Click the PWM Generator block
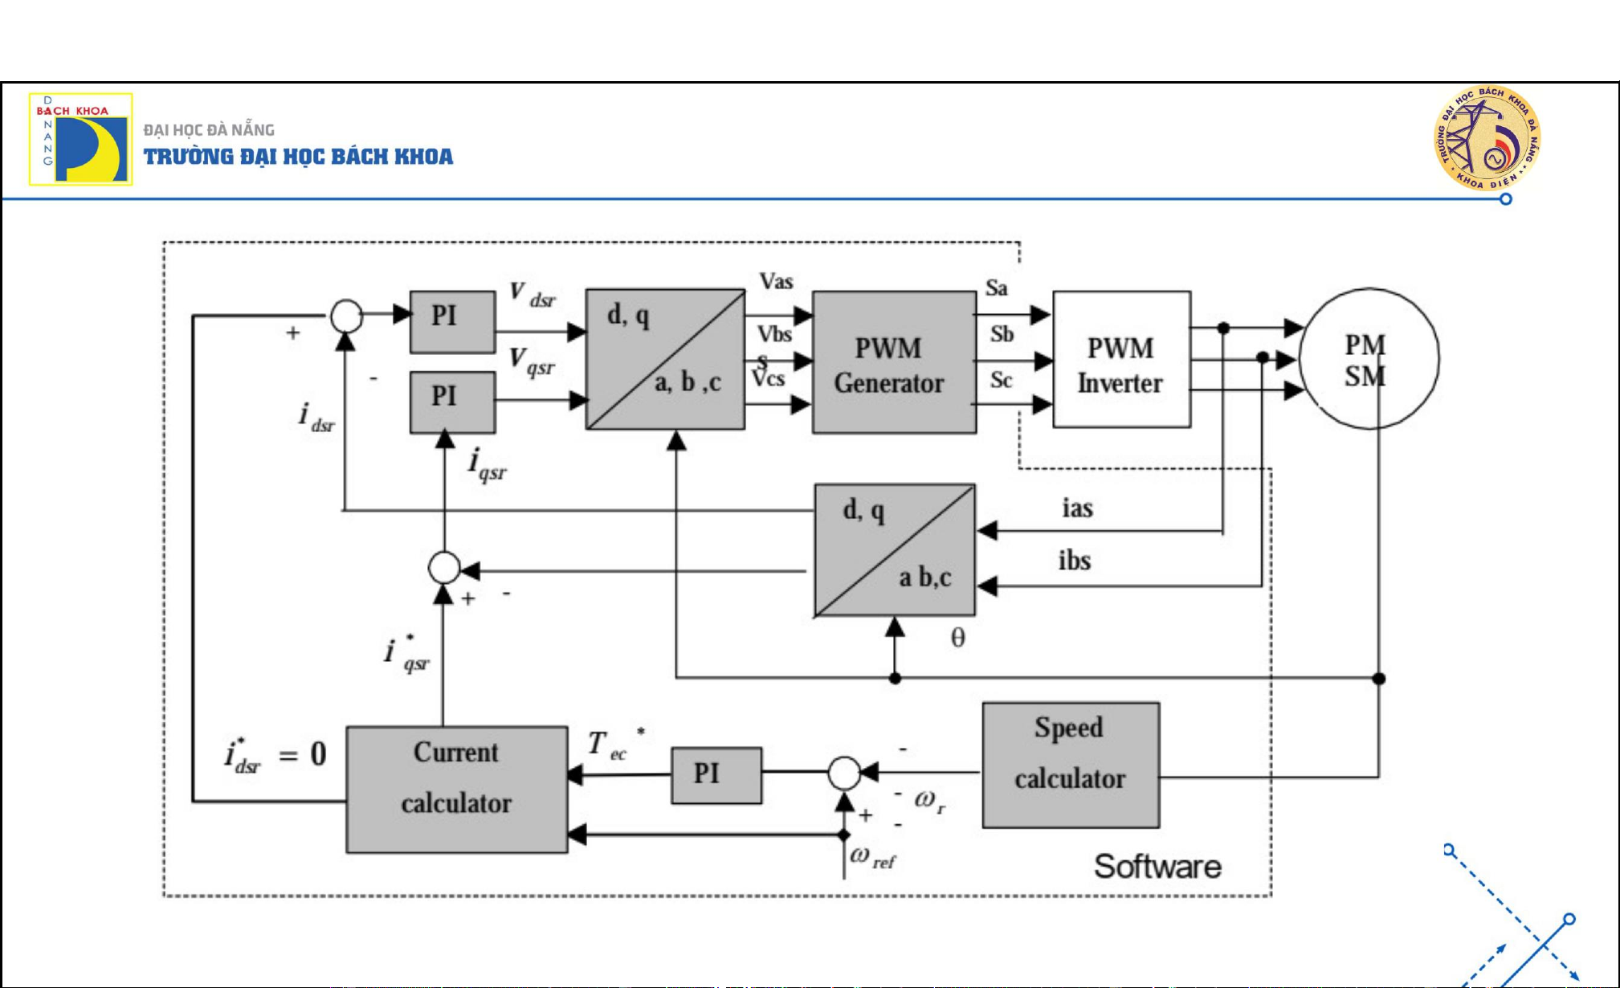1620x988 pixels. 894,362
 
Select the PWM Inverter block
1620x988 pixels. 1121,359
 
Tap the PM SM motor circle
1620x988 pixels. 1369,359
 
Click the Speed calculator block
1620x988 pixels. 1071,765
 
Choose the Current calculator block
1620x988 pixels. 456,789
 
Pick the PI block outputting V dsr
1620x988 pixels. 452,321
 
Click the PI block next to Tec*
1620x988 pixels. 716,774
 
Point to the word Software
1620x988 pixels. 1157,867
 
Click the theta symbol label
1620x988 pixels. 957,639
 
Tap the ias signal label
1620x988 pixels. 1077,508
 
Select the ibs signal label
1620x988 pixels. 1075,561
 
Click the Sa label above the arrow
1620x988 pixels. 996,288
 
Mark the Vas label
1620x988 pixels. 776,281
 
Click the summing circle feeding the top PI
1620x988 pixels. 347,316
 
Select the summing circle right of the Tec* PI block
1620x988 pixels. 844,774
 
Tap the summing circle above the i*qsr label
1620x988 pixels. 444,568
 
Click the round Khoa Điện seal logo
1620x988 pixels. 1487,138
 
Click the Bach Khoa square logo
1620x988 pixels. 81,139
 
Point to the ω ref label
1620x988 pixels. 872,857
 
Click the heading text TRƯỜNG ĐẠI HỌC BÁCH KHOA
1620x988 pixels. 298,157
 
